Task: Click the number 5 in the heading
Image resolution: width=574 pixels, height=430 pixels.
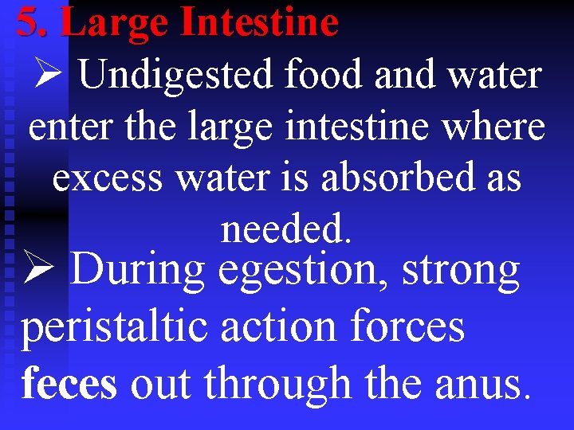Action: coord(28,22)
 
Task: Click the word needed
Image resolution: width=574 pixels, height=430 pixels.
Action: coord(285,229)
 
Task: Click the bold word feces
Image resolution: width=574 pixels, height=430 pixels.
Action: coord(69,384)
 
